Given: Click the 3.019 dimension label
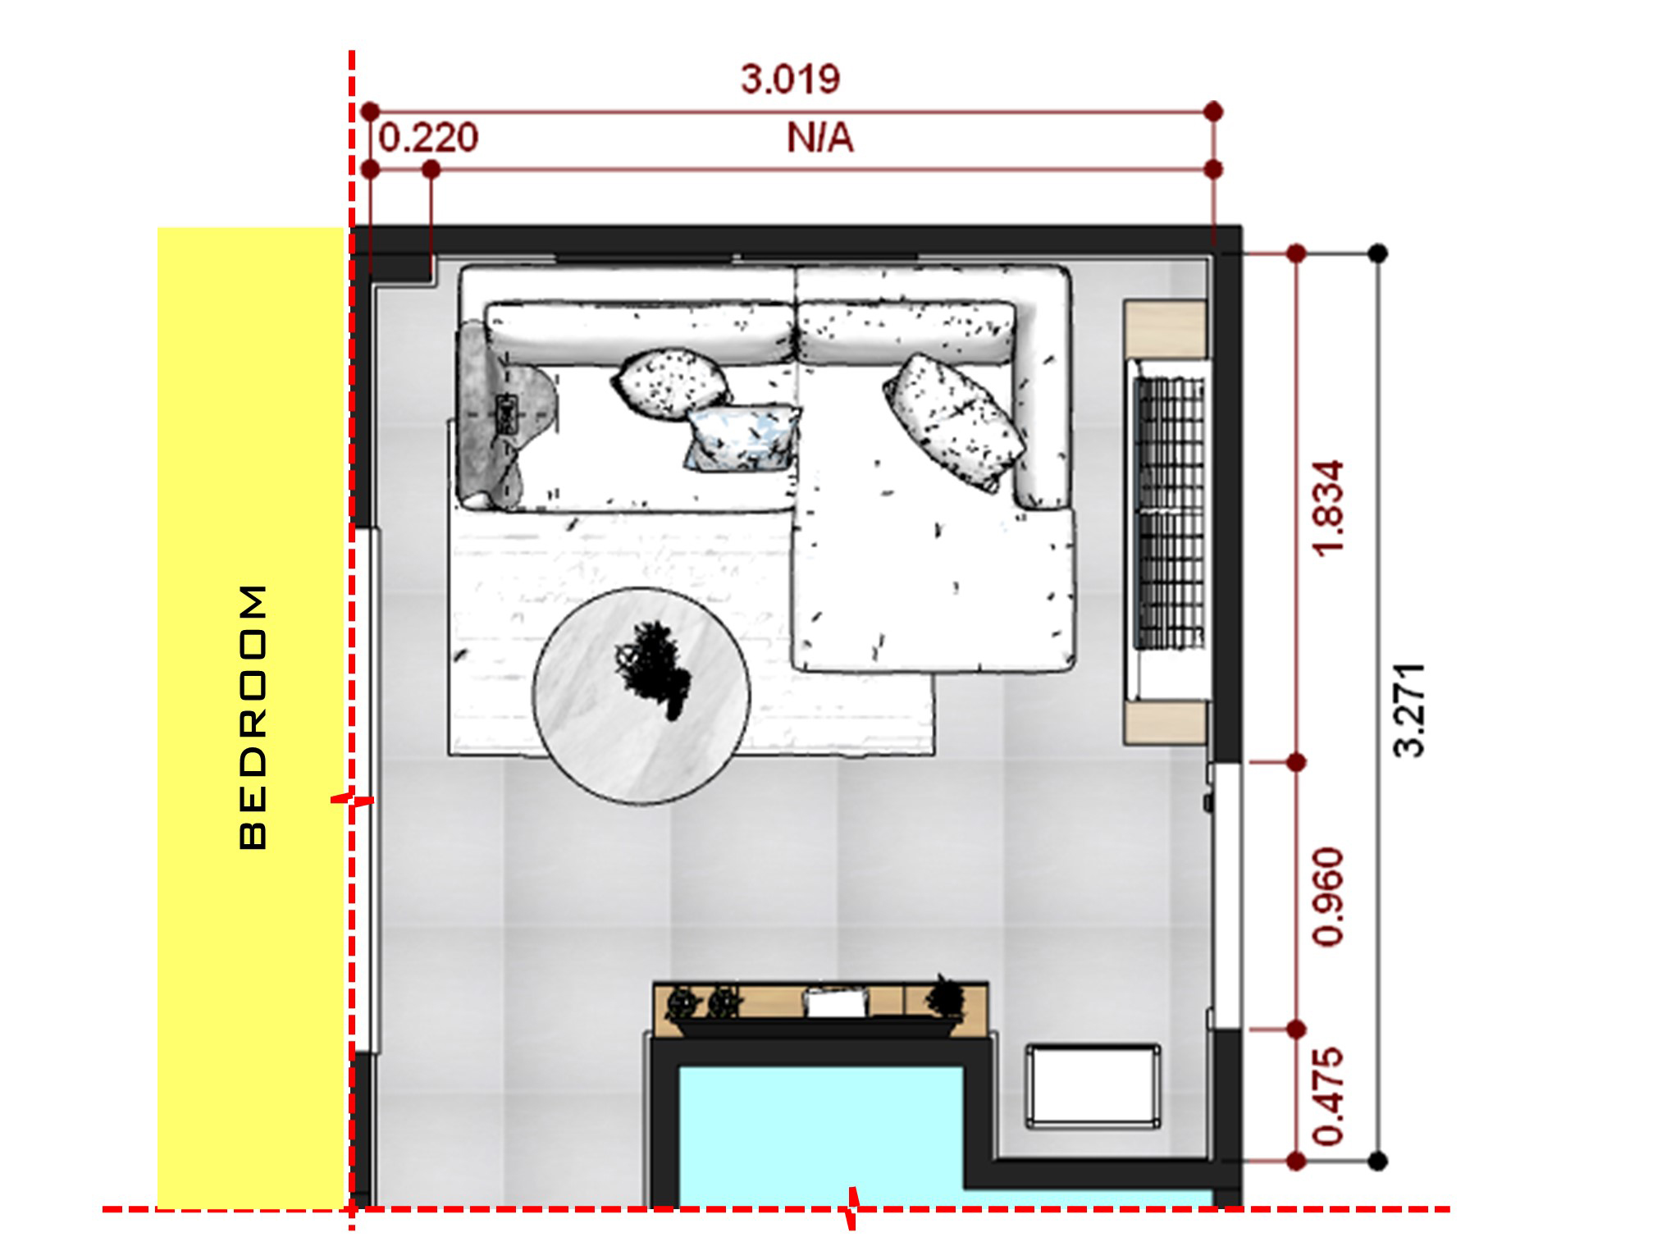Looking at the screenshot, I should [x=790, y=80].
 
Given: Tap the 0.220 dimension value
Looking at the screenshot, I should [x=428, y=138].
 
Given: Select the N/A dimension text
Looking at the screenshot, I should [x=819, y=138].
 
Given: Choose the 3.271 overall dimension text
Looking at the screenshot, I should [x=1410, y=710].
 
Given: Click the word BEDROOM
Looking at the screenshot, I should [x=253, y=716].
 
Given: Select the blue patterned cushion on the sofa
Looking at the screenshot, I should [x=742, y=438].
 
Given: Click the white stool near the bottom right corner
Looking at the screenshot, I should [x=1093, y=1085].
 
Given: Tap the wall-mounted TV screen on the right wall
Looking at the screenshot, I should [x=1169, y=513].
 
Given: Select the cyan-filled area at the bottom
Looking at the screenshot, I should [x=820, y=1136].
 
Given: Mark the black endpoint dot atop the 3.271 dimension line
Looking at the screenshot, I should [x=1379, y=253].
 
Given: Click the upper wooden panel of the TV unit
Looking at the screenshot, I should [x=1165, y=329].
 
